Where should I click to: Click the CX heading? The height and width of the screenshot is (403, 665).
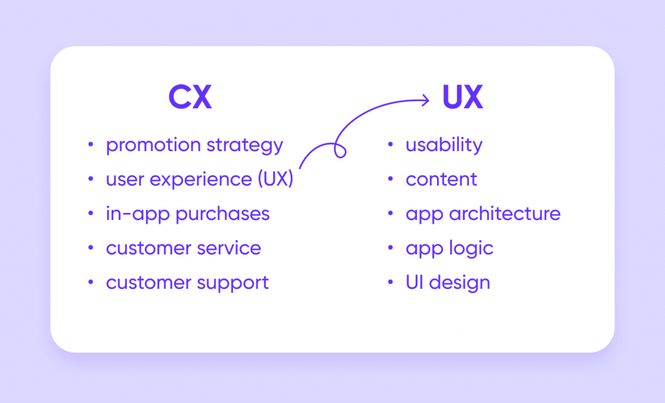pos(190,98)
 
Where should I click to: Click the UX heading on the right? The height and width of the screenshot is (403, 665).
pos(462,98)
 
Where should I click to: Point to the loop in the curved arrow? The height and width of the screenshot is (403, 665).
pos(340,150)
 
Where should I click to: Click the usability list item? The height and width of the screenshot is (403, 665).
pos(444,145)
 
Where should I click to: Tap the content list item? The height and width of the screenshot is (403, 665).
pos(441,180)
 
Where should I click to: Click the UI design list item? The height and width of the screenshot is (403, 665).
pos(447,283)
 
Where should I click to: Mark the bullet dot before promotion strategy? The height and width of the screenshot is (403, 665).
pos(90,145)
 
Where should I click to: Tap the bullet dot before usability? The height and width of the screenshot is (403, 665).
pos(390,145)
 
